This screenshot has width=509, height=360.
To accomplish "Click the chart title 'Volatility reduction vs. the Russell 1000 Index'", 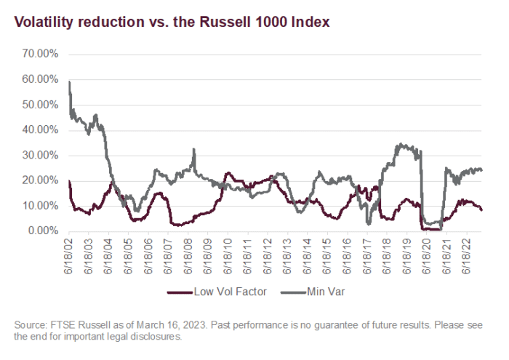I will (x=171, y=23).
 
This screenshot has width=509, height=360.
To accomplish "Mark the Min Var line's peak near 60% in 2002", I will (x=69, y=81).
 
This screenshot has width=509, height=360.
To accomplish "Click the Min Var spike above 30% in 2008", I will (x=193, y=150).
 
